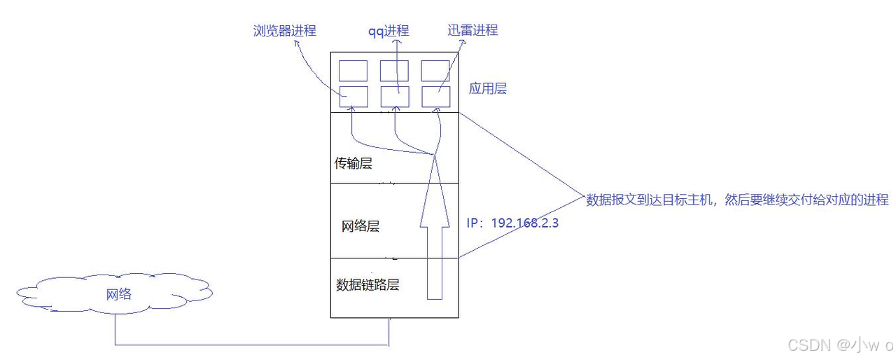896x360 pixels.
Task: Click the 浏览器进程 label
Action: point(284,31)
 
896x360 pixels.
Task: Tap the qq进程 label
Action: point(389,31)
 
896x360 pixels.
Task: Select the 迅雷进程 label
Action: point(472,31)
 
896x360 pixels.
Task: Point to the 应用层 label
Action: point(488,89)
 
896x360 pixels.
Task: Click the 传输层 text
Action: point(353,164)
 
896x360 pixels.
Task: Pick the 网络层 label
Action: point(360,226)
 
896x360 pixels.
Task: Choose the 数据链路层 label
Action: point(368,285)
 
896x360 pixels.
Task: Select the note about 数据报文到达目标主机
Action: point(737,200)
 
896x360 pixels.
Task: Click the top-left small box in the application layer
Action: point(353,70)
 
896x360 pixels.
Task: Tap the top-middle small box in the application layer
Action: point(394,70)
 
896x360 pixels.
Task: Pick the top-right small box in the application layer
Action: point(435,70)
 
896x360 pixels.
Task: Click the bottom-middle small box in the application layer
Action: point(394,97)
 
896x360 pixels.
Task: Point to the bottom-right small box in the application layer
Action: point(435,97)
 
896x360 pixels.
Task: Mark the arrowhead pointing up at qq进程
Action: point(397,42)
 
